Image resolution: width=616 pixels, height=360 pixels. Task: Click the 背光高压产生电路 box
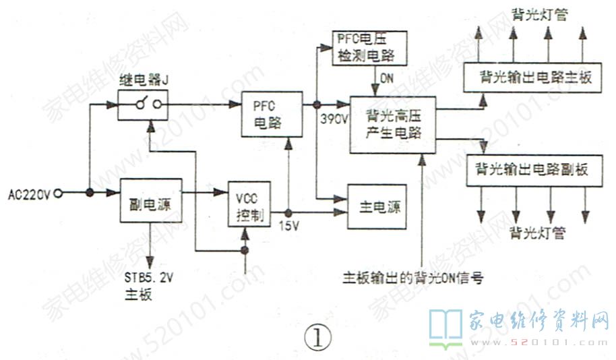tap(393, 123)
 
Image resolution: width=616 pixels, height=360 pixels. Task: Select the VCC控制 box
tap(250, 204)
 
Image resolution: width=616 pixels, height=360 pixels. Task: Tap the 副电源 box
tap(152, 200)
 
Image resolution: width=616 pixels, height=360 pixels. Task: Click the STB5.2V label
tap(149, 278)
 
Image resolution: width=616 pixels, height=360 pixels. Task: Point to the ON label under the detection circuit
tap(386, 78)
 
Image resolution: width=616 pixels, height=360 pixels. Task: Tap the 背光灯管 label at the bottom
tap(537, 233)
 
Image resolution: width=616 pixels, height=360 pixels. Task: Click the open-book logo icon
tap(445, 328)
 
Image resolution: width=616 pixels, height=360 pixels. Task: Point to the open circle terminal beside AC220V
tap(59, 194)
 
